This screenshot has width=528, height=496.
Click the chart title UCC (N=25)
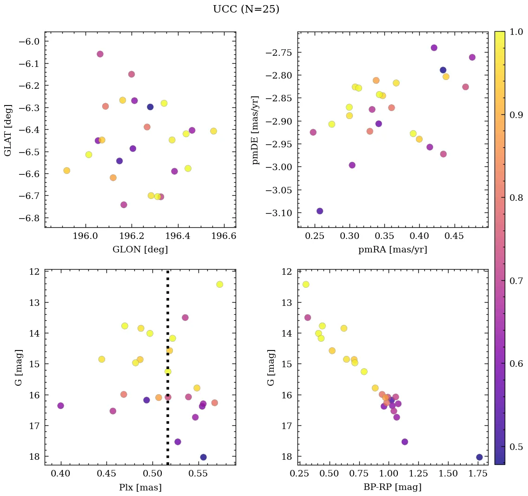pos(246,9)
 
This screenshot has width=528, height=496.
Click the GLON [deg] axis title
pos(140,250)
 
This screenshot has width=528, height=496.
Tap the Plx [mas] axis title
pos(140,487)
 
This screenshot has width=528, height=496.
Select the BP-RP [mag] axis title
pos(393,487)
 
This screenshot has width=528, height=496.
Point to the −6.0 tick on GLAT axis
pos(30,41)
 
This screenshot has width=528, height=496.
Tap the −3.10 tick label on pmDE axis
pos(280,213)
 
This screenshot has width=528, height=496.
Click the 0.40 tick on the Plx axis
pos(61,474)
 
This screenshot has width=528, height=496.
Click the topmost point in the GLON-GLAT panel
pos(100,54)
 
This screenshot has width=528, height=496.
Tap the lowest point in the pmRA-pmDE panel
pos(320,211)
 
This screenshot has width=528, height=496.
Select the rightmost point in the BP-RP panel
pos(479,457)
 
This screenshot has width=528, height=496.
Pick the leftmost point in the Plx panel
pos(60,405)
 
